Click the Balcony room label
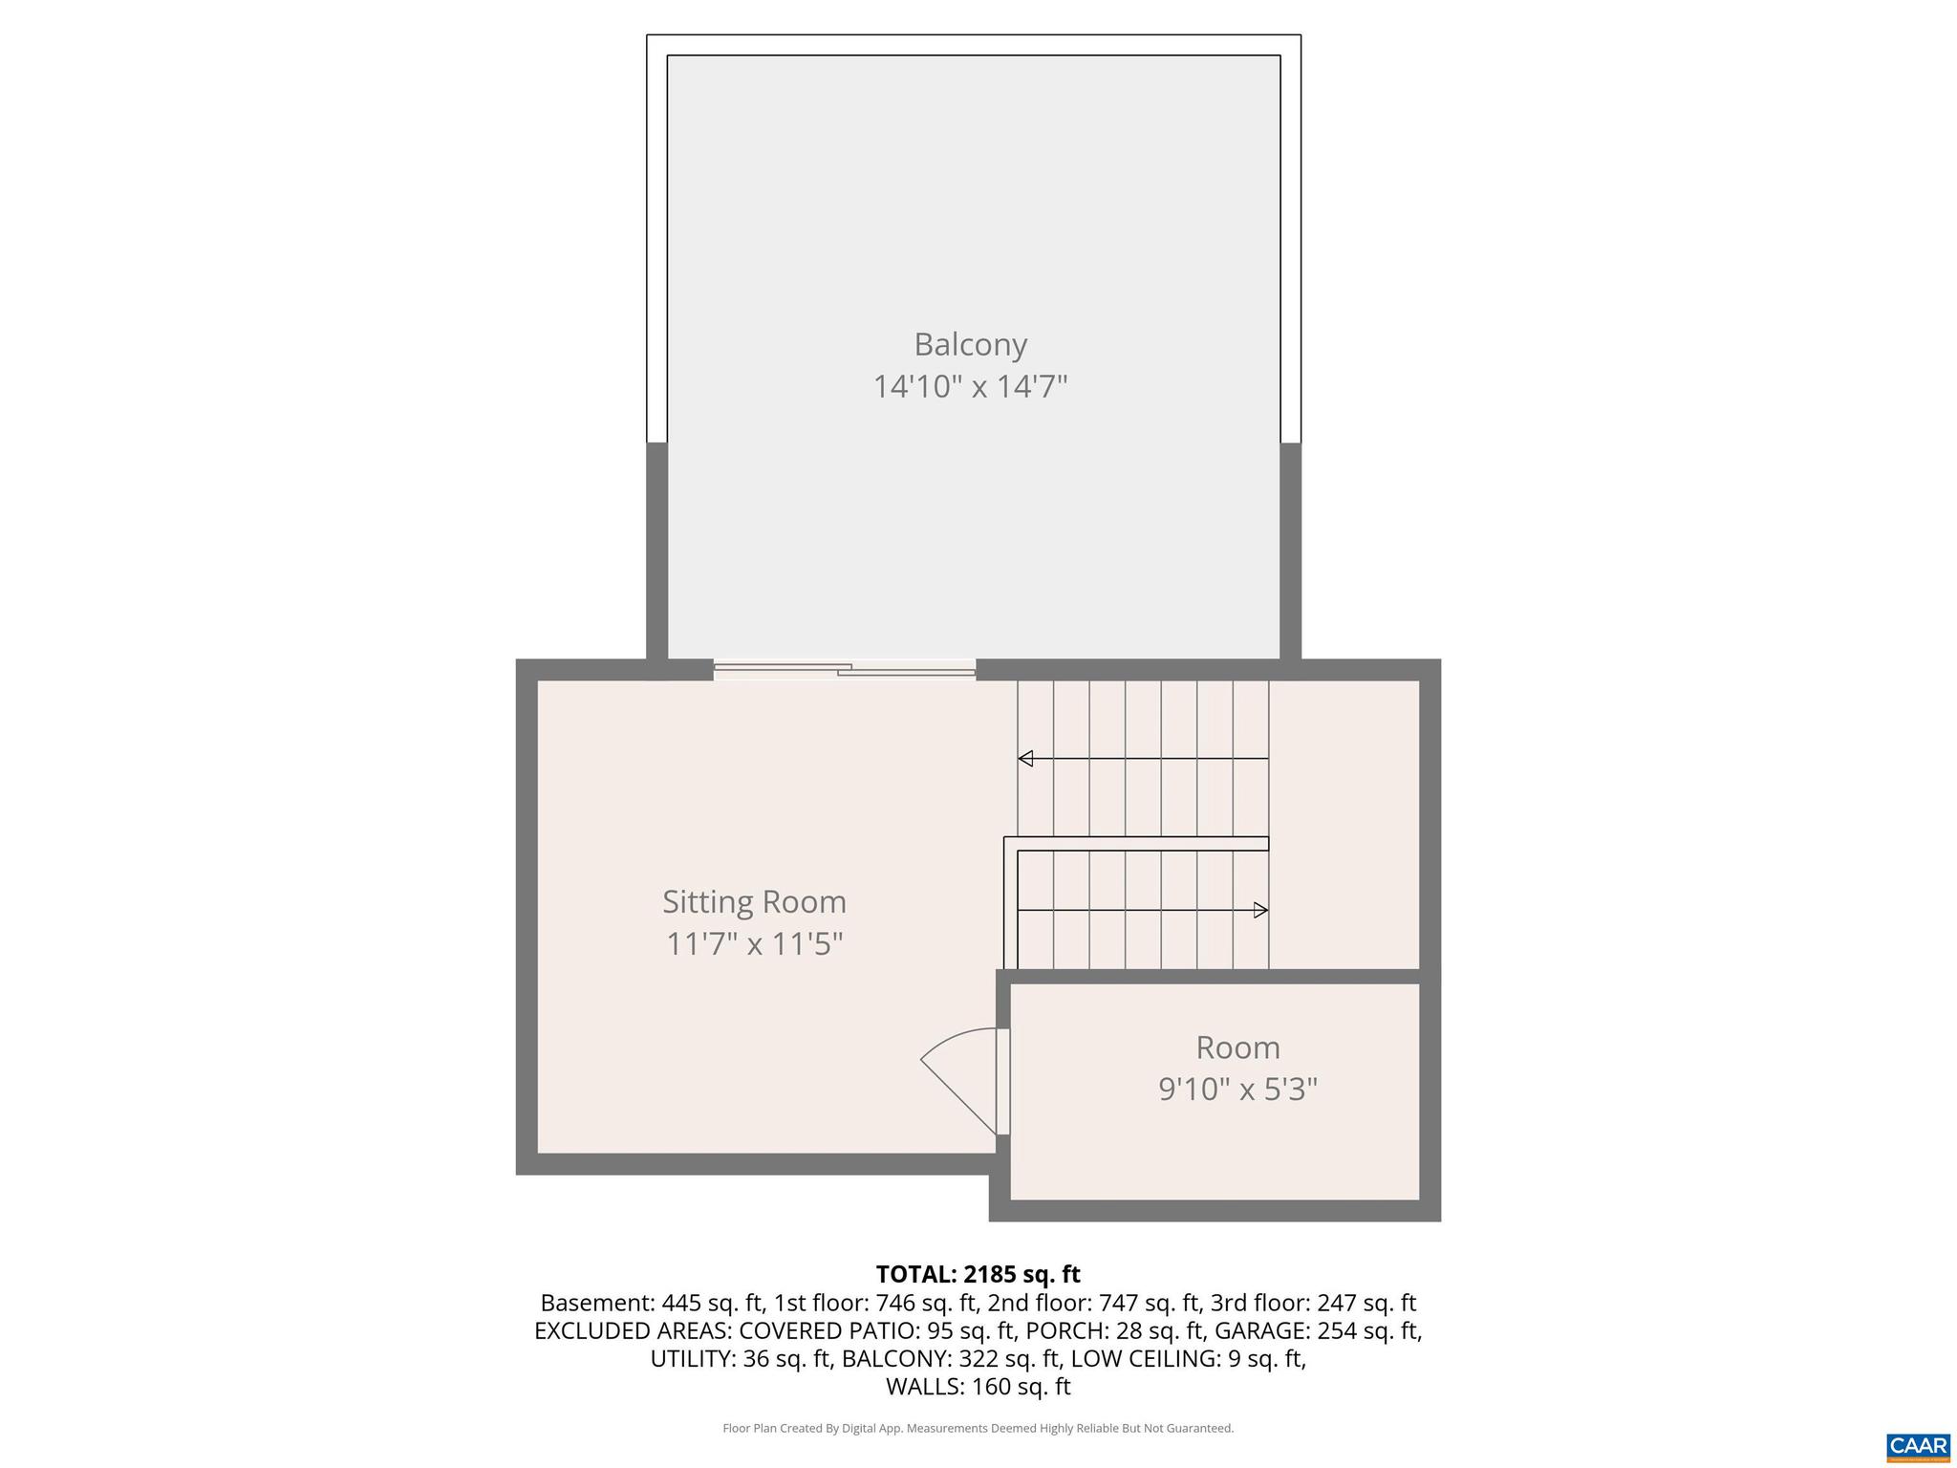coord(970,344)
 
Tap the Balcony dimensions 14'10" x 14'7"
coord(970,387)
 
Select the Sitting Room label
coord(754,901)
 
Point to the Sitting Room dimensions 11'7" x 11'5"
coord(754,944)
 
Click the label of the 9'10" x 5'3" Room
coord(1237,1047)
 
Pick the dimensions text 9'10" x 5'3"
coord(1237,1090)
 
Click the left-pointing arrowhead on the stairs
coord(1025,759)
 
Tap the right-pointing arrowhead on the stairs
coord(1260,910)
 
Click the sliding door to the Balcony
coord(845,670)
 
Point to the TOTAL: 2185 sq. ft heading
coord(978,1274)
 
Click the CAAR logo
coord(1918,1445)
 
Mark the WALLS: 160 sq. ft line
coord(978,1386)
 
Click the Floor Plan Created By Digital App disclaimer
coord(978,1428)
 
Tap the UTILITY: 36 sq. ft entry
coord(741,1358)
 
